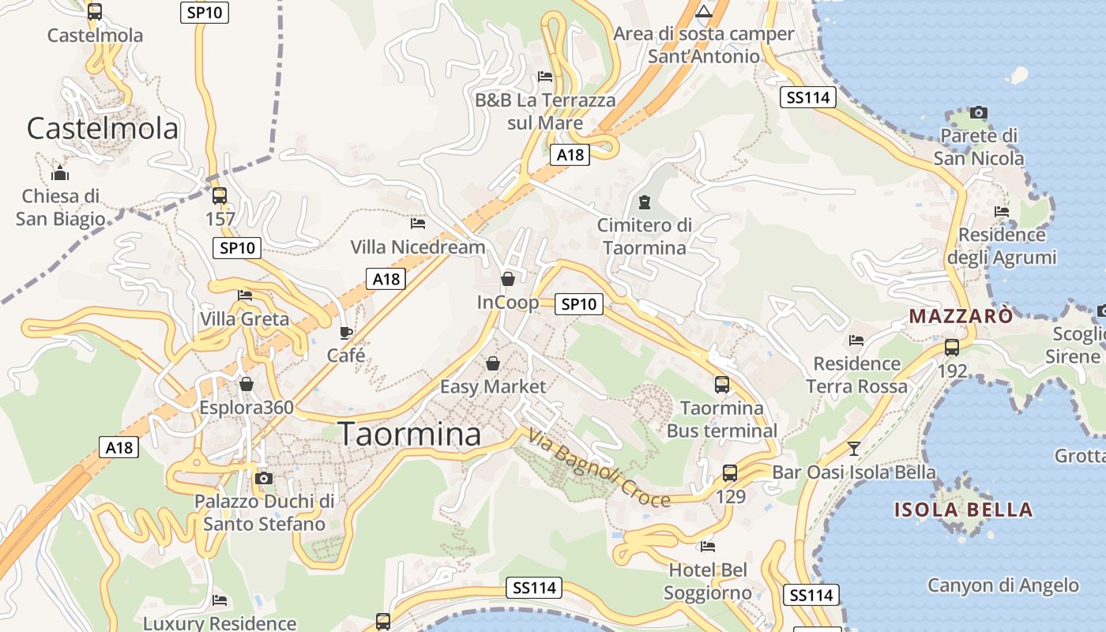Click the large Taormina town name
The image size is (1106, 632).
coord(409,434)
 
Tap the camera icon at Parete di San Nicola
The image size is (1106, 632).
coord(978,113)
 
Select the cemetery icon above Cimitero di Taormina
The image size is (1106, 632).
coord(645,202)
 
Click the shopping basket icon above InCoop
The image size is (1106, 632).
coord(508,279)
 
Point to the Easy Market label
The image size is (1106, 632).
coord(493,386)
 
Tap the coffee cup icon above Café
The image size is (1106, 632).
coord(345,333)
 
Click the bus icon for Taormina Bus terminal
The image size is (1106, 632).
coord(722,385)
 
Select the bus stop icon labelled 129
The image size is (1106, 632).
coord(730,473)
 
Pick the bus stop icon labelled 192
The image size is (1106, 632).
coord(952,347)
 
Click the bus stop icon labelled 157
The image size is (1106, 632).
coord(220,195)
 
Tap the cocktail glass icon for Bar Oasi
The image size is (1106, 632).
coord(853,449)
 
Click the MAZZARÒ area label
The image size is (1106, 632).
coord(961,317)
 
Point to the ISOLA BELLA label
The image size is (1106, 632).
coord(963,510)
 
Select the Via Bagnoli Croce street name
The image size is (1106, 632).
coord(599,468)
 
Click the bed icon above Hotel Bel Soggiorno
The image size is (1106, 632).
coord(708,546)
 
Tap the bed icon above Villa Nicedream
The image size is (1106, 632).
coord(418,224)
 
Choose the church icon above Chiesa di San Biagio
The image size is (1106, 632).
coord(59,173)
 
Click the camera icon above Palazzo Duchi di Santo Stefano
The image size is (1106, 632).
coord(264,478)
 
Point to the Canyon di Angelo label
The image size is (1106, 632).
coord(1003,585)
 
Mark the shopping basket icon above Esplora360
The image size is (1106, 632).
coord(246,384)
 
